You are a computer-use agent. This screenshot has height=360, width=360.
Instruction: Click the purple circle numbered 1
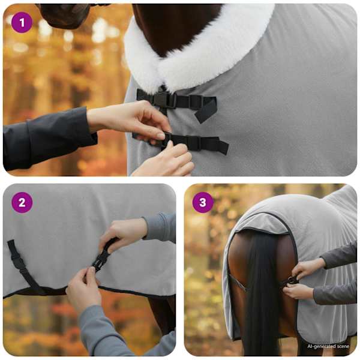pyautogui.click(x=22, y=23)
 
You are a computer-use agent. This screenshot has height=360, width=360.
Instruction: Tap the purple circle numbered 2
pyautogui.click(x=22, y=203)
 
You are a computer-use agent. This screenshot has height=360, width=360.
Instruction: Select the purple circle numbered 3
pyautogui.click(x=203, y=203)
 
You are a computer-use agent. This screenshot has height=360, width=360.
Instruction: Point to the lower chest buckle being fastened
pyautogui.click(x=166, y=139)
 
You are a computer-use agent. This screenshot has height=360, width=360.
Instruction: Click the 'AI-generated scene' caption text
pyautogui.click(x=328, y=346)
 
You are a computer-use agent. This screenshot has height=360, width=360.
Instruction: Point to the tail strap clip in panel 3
pyautogui.click(x=290, y=281)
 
